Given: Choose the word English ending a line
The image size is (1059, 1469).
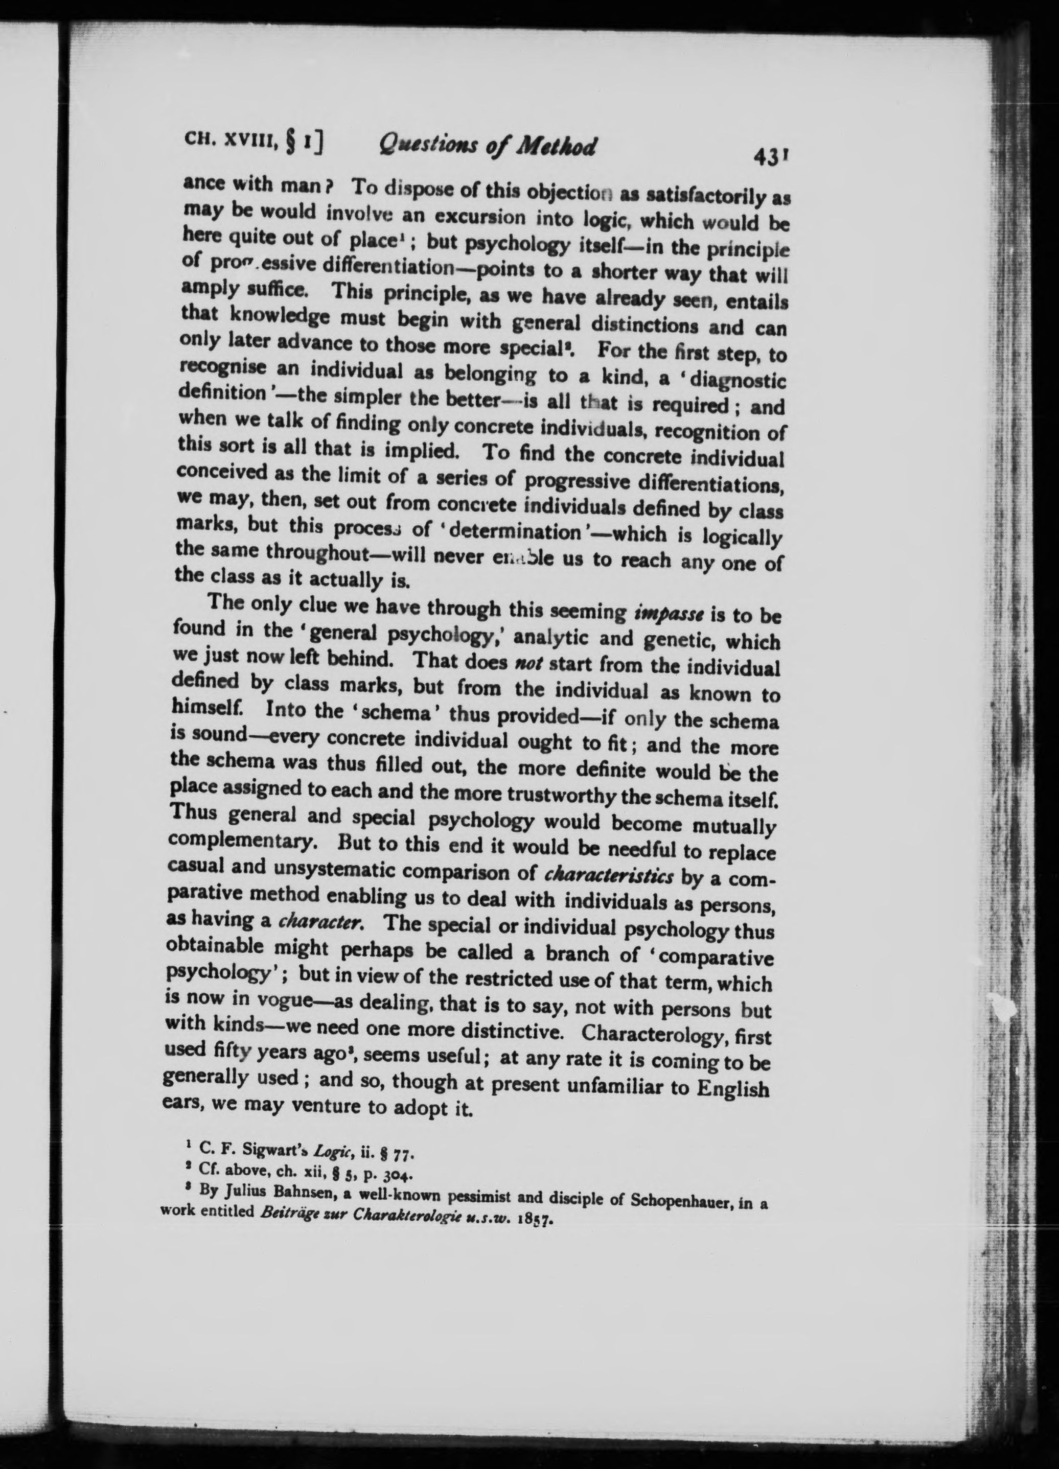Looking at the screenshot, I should click(732, 1087).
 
